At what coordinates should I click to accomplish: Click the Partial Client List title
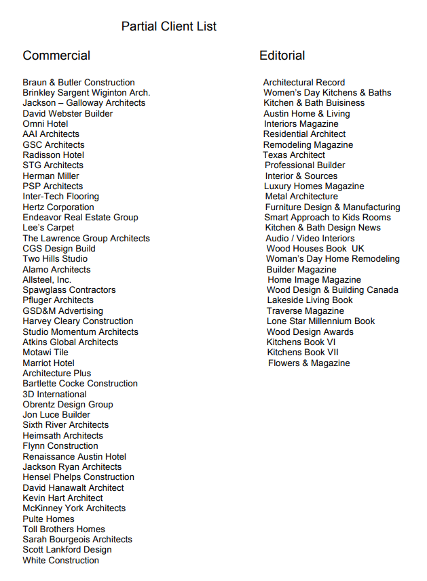tap(169, 26)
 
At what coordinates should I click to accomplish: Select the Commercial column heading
tap(56, 56)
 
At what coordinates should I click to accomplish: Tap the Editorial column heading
tap(282, 56)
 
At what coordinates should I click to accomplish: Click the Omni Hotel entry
tap(45, 124)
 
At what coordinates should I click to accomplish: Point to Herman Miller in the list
tap(51, 176)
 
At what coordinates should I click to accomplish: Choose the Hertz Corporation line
tap(58, 207)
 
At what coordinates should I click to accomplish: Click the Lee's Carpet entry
tap(48, 228)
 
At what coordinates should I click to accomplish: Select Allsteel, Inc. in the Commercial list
tap(47, 280)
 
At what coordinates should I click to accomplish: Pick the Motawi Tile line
tap(45, 353)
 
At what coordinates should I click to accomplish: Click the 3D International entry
tap(54, 395)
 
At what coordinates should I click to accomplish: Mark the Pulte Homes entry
tap(48, 519)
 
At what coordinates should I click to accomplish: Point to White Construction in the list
tap(60, 561)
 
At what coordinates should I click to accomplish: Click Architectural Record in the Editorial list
tap(304, 83)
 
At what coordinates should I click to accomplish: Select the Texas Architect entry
tap(294, 155)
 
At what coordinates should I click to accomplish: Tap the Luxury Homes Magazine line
tap(314, 186)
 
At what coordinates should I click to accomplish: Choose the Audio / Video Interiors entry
tap(310, 239)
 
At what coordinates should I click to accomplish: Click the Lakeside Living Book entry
tap(310, 300)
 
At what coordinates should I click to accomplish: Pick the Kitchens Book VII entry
tap(303, 353)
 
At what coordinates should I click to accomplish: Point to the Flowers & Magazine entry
tap(309, 363)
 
